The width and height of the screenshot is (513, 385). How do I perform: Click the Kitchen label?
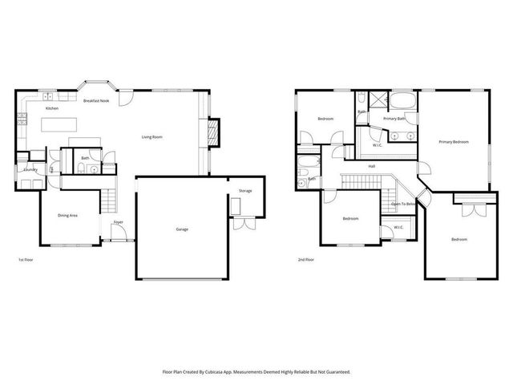tap(51, 107)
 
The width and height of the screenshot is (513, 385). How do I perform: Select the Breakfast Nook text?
tap(95, 100)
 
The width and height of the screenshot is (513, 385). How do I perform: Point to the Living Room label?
tap(152, 137)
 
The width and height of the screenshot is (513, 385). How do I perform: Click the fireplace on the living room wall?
tap(213, 132)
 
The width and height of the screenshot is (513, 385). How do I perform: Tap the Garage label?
tap(182, 229)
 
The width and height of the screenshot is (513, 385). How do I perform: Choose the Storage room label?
tap(245, 191)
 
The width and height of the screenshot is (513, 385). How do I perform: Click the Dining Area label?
tap(67, 215)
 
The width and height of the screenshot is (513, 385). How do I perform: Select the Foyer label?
tap(117, 221)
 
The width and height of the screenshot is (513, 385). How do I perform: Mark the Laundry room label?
tap(30, 170)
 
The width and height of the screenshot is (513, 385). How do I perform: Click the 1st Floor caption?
tap(26, 260)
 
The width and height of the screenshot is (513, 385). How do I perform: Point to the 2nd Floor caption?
tap(305, 260)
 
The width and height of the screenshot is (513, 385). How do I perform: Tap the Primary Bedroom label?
tap(454, 142)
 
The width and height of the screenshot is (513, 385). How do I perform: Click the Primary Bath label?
tap(394, 119)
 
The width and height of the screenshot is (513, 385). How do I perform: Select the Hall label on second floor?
tap(372, 166)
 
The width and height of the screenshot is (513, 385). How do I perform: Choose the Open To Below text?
tap(402, 205)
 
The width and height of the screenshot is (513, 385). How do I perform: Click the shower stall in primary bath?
tap(375, 102)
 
